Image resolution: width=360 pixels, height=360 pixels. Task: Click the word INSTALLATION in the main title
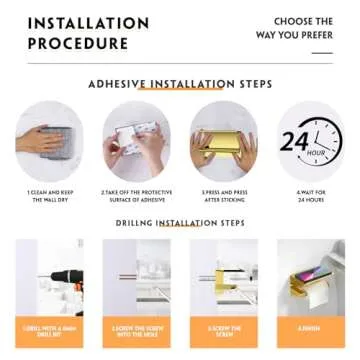(88, 23)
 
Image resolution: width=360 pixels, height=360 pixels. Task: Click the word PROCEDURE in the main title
(77, 43)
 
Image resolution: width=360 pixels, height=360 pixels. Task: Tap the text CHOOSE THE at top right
(303, 21)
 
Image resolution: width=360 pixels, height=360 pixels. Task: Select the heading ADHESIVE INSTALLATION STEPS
(180, 85)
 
